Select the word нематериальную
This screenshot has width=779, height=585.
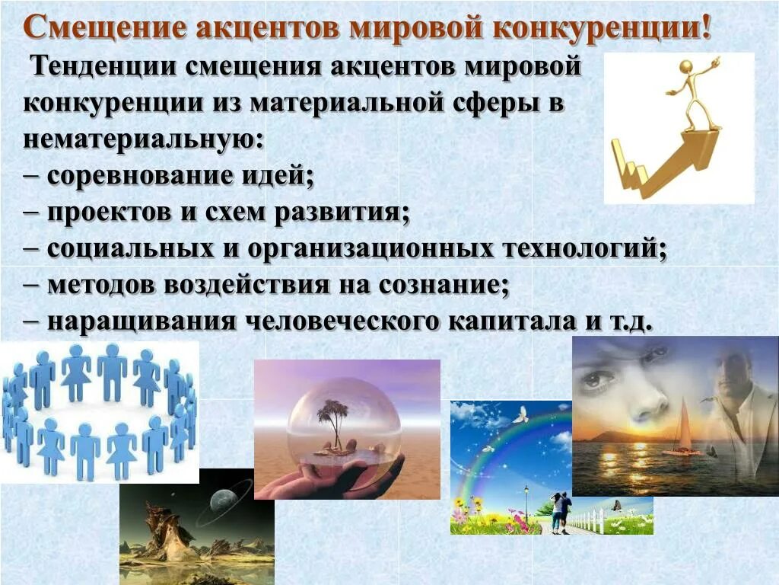(140, 140)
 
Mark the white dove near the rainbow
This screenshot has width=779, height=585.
(520, 416)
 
